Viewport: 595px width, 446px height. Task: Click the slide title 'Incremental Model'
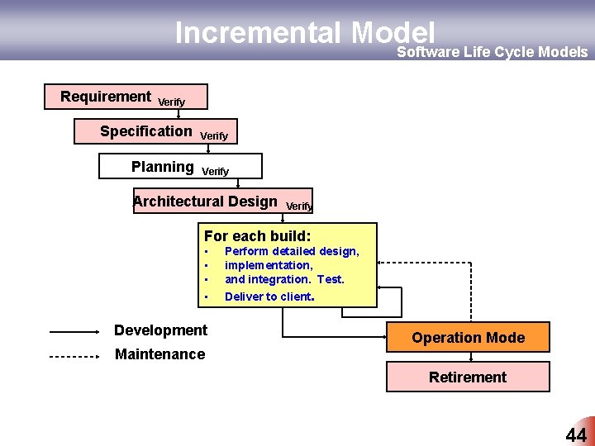(304, 32)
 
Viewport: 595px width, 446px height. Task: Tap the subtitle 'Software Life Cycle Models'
(493, 52)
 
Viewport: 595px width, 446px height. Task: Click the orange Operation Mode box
(468, 337)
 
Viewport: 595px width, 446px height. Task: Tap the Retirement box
(468, 377)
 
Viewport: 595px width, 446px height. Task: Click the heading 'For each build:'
(257, 235)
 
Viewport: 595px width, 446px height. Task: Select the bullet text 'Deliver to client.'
(269, 296)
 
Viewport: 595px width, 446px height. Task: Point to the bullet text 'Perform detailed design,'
(292, 251)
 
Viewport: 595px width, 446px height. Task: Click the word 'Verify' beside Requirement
(171, 102)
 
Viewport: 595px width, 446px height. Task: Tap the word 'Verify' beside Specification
(214, 135)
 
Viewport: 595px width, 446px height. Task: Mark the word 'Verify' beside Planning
(216, 171)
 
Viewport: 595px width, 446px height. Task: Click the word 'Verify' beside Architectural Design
(299, 206)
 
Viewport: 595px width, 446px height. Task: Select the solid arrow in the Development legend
(74, 332)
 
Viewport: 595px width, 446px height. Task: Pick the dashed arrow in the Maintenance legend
(74, 356)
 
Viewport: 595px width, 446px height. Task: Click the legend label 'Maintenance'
(159, 354)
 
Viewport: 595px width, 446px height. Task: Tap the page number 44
(575, 435)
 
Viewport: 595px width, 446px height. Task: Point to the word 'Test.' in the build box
(331, 279)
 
